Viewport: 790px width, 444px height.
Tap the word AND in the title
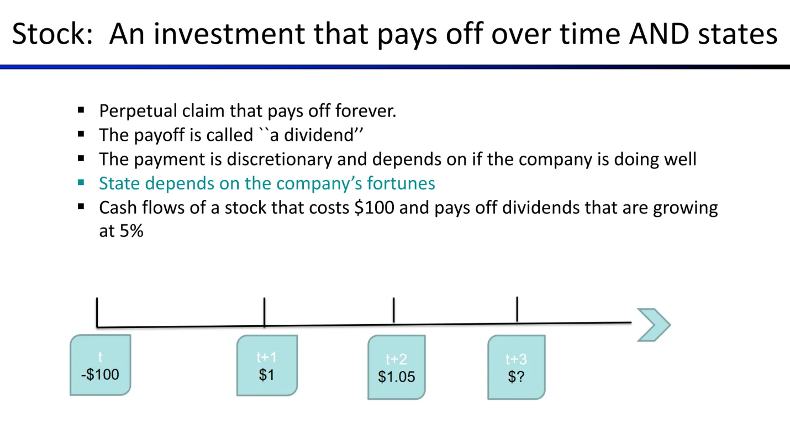click(x=659, y=34)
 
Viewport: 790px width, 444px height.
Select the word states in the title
click(x=738, y=34)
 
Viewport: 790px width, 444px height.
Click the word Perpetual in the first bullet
click(x=138, y=112)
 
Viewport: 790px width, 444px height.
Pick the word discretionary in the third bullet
click(x=280, y=160)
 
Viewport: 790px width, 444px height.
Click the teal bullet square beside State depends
click(x=81, y=183)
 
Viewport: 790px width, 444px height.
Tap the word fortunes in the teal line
click(x=401, y=183)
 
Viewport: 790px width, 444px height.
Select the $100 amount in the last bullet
click(x=374, y=207)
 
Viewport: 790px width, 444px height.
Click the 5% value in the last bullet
click(x=131, y=231)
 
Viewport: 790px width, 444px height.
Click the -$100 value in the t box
click(x=100, y=374)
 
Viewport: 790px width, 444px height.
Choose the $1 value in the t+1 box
click(x=267, y=375)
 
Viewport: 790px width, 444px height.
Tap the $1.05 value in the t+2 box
click(x=397, y=377)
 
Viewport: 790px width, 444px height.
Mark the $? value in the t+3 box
click(x=517, y=377)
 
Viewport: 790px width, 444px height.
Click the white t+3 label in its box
click(x=517, y=359)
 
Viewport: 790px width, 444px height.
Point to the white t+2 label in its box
click(x=397, y=359)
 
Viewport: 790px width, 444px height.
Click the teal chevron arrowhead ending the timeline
click(x=654, y=325)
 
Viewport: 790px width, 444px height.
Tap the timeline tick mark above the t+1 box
click(x=264, y=312)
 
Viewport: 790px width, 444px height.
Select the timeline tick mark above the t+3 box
click(x=517, y=309)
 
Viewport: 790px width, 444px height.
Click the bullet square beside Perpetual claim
click(x=81, y=110)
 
